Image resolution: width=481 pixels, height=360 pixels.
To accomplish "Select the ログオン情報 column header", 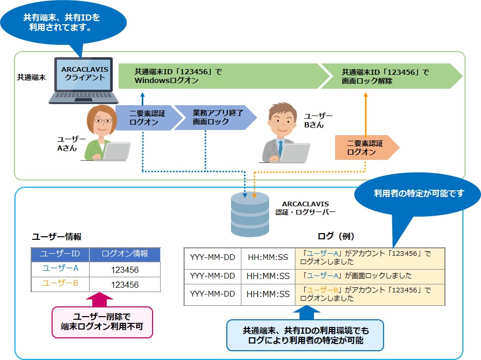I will (125, 254).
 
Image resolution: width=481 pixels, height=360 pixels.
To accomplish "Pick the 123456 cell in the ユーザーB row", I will (125, 284).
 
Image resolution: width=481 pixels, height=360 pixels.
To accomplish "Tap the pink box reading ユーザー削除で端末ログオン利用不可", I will (103, 322).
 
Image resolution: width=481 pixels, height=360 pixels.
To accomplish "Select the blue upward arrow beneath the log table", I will (306, 312).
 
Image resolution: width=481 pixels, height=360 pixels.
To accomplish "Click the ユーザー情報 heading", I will (57, 236).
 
